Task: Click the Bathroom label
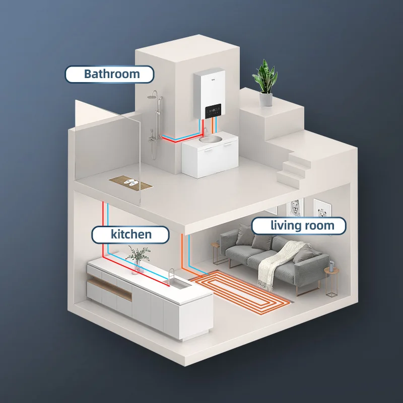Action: point(109,74)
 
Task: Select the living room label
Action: point(299,225)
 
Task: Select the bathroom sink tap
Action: point(205,132)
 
